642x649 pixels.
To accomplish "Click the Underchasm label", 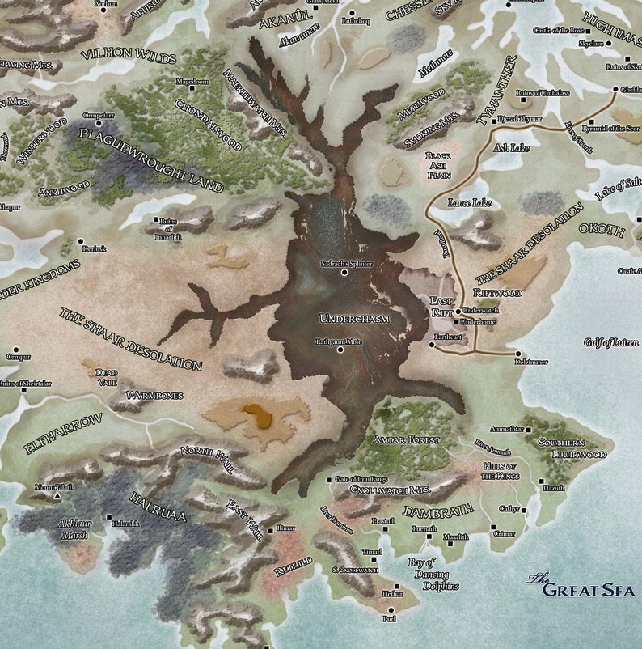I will pyautogui.click(x=354, y=319).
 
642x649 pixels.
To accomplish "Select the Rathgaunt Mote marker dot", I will pyautogui.click(x=340, y=350).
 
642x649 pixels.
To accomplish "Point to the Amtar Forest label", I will pyautogui.click(x=406, y=439).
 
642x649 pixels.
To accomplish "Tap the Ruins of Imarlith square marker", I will pyautogui.click(x=157, y=219).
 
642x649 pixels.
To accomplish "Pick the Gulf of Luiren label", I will pyautogui.click(x=610, y=342).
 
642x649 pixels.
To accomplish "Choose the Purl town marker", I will pyautogui.click(x=390, y=610).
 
